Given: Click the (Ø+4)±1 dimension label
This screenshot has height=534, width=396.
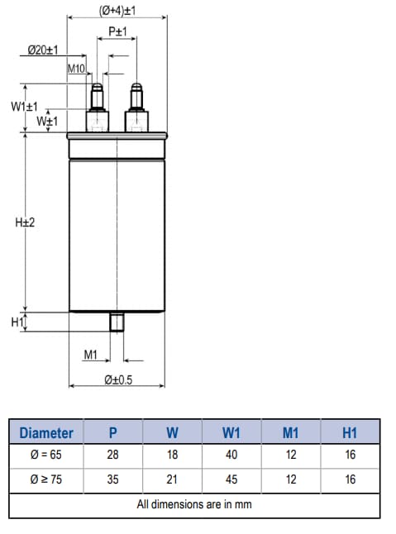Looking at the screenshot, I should click(x=117, y=10).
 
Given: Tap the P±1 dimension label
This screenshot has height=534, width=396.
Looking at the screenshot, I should click(x=117, y=31).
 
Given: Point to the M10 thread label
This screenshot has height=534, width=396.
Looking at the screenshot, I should click(x=77, y=69).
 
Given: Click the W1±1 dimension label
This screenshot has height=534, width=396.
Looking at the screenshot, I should click(x=25, y=107).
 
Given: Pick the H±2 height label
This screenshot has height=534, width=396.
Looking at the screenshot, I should click(x=25, y=222).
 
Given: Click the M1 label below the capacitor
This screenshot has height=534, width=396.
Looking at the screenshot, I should click(x=91, y=355).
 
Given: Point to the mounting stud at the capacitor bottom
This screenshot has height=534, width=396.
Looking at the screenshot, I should click(x=117, y=320).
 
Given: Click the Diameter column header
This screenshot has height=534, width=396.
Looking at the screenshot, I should click(x=46, y=432).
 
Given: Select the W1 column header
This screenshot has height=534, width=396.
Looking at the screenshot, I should click(x=231, y=432).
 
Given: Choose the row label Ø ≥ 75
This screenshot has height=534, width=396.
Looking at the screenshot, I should click(x=46, y=479).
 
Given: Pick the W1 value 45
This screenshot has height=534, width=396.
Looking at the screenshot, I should click(x=231, y=479).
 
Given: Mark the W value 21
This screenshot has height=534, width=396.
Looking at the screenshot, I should click(x=172, y=479).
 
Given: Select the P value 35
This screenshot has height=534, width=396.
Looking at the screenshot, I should click(x=112, y=479).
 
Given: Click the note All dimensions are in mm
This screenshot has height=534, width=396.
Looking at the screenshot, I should click(x=194, y=503).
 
